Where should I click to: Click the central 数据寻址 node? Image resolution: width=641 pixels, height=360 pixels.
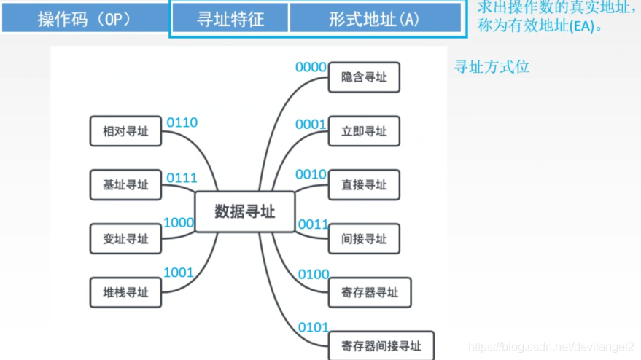[x=245, y=211]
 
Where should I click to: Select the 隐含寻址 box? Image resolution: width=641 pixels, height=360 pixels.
[x=364, y=77]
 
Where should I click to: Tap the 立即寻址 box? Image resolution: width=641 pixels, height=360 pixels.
[x=364, y=131]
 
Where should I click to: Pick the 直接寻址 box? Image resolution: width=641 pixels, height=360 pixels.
[x=364, y=185]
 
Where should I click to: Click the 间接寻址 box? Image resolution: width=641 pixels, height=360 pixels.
[x=364, y=238]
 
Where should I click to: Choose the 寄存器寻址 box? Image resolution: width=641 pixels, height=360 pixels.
[x=370, y=292]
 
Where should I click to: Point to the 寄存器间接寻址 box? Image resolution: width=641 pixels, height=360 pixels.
[x=381, y=345]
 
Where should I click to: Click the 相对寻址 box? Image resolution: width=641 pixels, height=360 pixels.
[x=125, y=131]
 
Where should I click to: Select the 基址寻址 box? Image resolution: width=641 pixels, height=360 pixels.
[x=125, y=185]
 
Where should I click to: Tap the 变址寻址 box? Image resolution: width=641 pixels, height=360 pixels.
[x=125, y=238]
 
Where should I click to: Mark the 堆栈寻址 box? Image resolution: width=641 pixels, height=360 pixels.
[x=125, y=292]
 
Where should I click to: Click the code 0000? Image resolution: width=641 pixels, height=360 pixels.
[x=311, y=67]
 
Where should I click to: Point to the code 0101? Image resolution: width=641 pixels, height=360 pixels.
[x=314, y=327]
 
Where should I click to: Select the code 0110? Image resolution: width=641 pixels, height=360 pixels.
[x=182, y=122]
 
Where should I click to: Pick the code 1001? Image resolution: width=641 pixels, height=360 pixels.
[x=179, y=273]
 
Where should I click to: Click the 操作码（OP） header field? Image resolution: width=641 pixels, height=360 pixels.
[x=85, y=19]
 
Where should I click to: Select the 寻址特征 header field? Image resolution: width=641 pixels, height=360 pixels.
[x=230, y=19]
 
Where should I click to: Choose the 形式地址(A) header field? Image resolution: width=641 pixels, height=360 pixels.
[x=375, y=19]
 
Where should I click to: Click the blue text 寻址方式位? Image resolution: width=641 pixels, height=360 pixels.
[x=492, y=67]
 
